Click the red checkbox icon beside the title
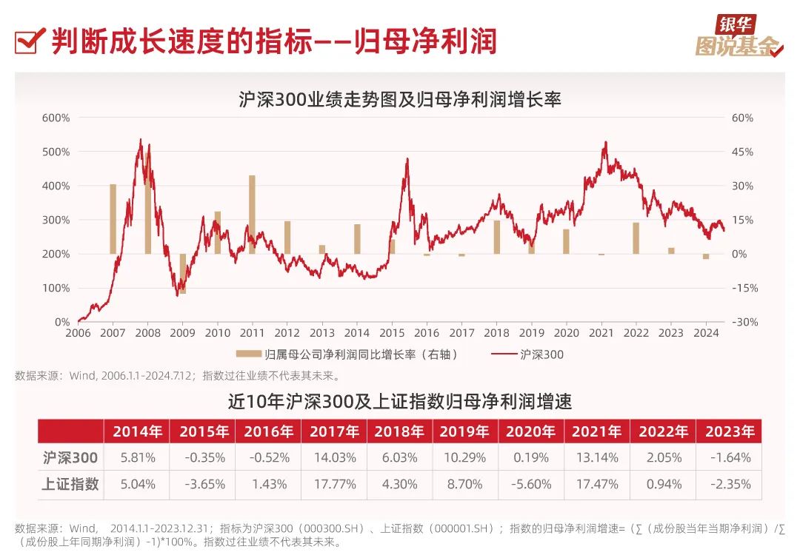(27, 41)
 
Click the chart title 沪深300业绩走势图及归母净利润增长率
(400, 99)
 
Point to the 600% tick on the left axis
(56, 118)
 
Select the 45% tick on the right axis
(741, 152)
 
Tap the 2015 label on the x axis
(392, 334)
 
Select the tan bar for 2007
(113, 219)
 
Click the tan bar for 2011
(252, 215)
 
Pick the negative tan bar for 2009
(183, 274)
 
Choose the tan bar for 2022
(636, 238)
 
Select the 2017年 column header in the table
(333, 431)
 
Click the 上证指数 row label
(70, 485)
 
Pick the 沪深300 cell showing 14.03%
(333, 458)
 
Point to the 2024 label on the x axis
(706, 334)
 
